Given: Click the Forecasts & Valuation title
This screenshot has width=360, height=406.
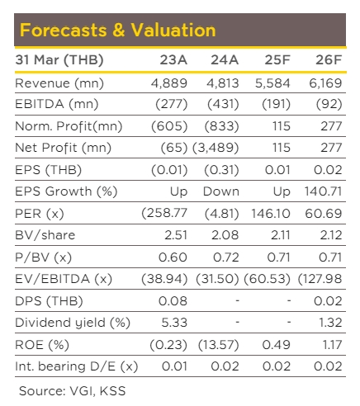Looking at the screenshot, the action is point(118,30).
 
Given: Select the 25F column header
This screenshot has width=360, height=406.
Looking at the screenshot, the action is point(277,60).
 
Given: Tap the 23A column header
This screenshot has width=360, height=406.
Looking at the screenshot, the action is point(173,60).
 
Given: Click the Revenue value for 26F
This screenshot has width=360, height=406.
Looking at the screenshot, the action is point(325,83).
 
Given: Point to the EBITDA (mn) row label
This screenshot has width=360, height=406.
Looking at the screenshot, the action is point(57,104).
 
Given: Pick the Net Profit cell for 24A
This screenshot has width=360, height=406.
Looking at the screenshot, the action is point(216,148).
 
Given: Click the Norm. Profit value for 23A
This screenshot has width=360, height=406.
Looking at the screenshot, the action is point(169,126).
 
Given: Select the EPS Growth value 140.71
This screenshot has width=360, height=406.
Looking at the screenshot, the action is point(323,191).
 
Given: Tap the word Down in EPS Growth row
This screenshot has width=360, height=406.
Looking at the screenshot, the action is point(221,191).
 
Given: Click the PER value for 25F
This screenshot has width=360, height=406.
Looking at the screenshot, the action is point(271,214).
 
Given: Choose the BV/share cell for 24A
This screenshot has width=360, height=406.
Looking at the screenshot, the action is point(225,235).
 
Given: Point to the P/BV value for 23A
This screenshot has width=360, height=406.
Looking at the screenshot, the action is point(173,257).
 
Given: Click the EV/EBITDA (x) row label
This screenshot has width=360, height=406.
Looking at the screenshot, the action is point(64,279).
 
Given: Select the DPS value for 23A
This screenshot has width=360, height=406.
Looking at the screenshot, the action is point(173,301).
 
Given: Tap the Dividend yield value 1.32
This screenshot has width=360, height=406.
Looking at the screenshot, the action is point(330,323).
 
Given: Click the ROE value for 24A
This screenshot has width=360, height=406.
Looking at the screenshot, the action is point(219,345).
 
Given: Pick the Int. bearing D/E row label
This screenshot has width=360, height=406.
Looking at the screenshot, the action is point(77,366).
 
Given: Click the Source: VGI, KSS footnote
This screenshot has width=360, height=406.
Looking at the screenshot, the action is point(73,391).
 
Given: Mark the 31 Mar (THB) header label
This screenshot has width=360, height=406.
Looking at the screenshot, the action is point(59,60).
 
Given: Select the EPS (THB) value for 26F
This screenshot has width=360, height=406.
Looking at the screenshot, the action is point(328,170).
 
